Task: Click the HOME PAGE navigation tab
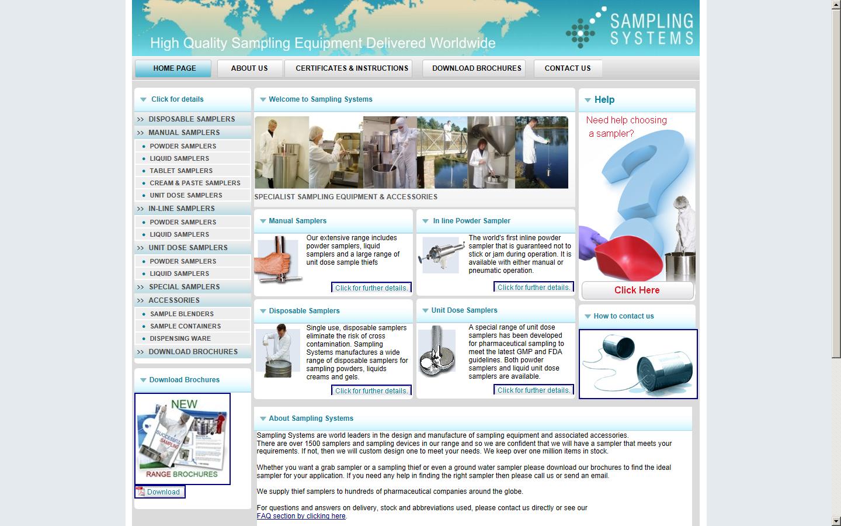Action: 173,68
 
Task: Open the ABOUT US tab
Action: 249,68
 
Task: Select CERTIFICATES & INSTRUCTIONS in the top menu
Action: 352,68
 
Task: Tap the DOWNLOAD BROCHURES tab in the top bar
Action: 476,68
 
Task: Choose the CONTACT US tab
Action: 567,68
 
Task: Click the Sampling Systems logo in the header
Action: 630,29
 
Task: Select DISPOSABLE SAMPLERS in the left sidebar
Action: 191,119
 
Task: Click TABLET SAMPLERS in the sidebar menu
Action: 180,171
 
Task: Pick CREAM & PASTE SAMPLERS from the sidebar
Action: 194,183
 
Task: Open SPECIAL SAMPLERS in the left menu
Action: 184,287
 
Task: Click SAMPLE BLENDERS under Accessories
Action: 182,314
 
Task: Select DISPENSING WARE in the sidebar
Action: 180,338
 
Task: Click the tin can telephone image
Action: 638,364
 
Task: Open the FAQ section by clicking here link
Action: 301,516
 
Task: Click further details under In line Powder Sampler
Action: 533,288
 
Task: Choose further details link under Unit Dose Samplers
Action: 533,390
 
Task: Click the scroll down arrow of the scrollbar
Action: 836,521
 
